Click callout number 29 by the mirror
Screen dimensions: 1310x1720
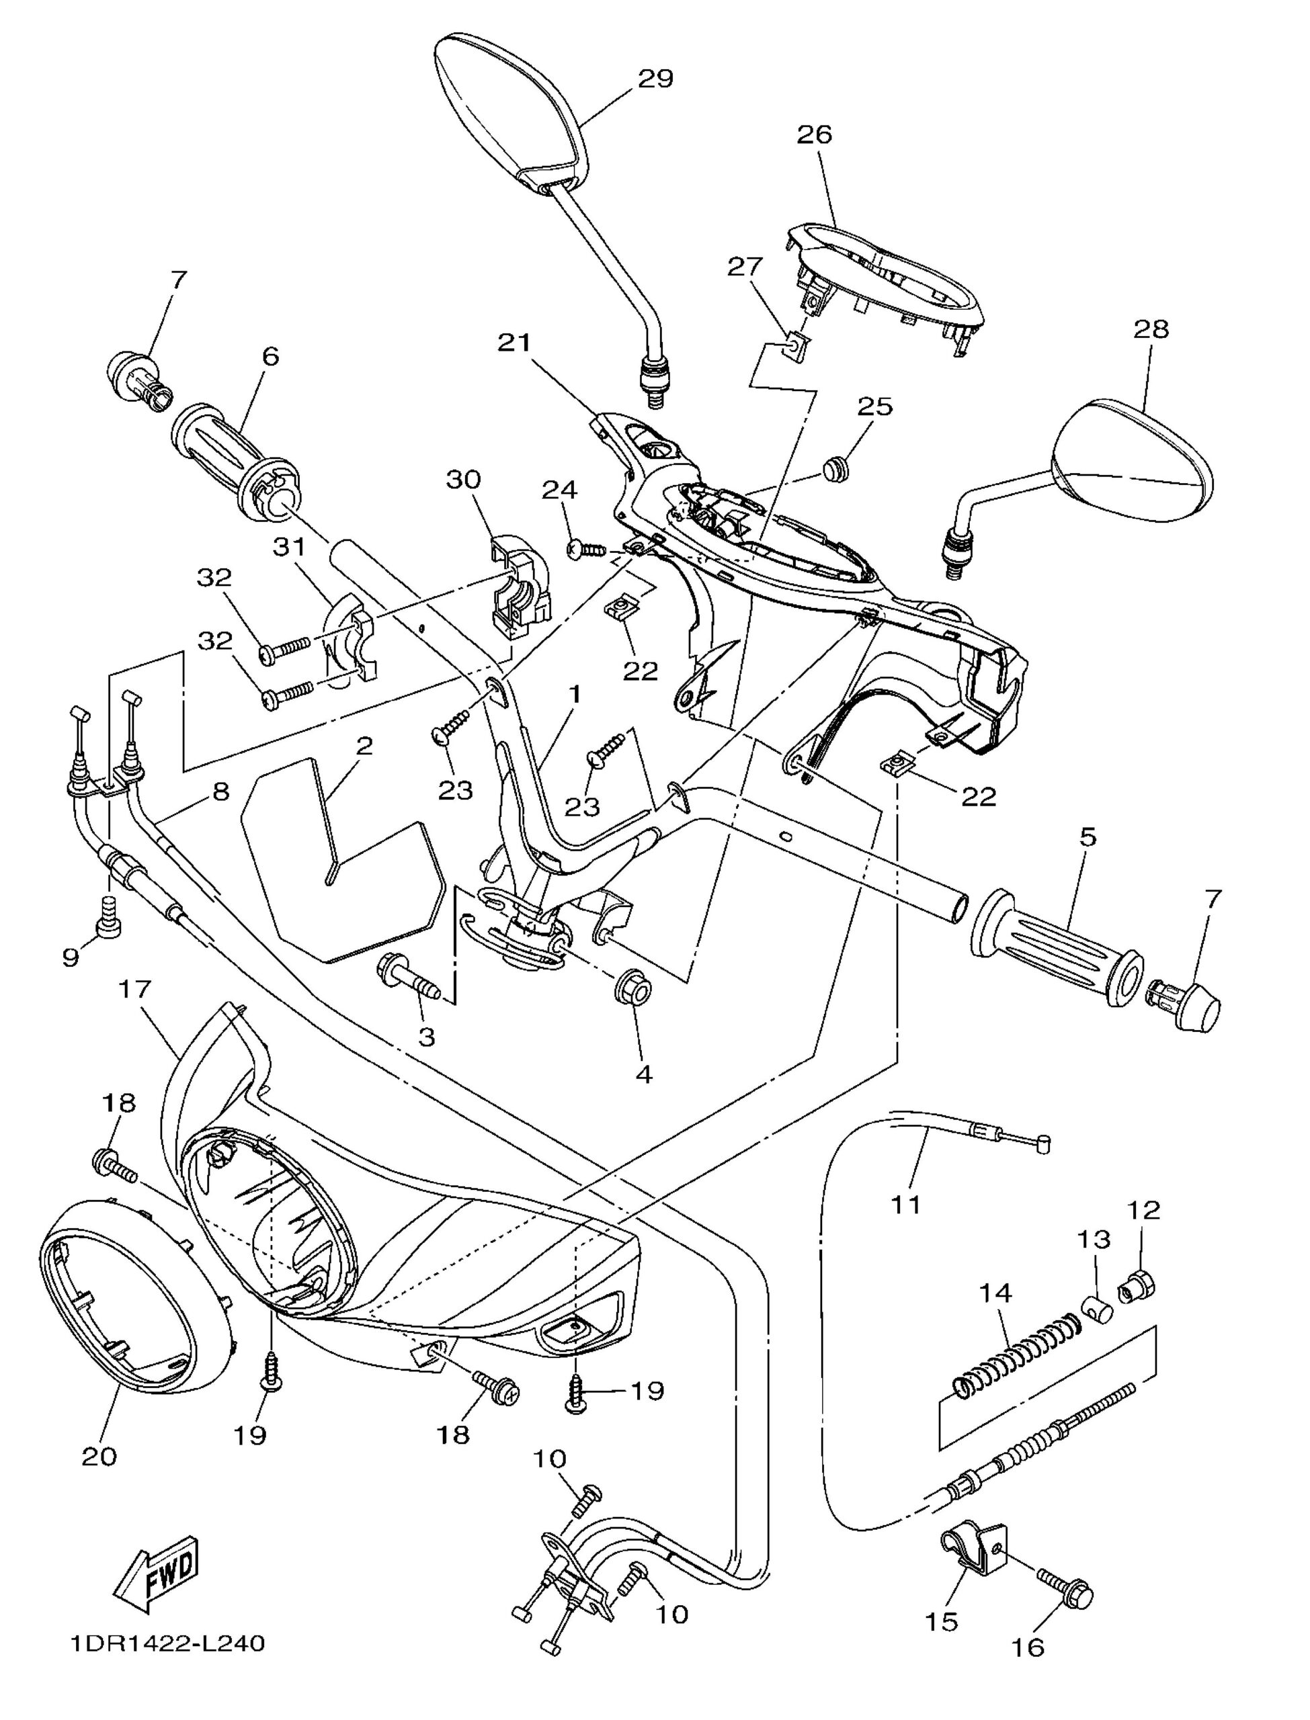(655, 79)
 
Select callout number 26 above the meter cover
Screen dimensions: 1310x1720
(814, 134)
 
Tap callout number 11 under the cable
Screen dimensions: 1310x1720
(905, 1204)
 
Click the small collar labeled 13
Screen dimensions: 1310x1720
(1096, 1307)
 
